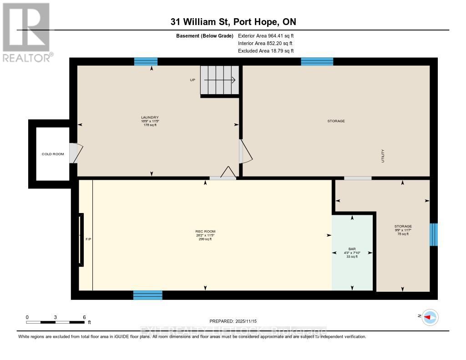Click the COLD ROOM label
(53, 154)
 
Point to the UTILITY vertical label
(383, 156)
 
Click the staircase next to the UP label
(220, 80)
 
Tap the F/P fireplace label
(88, 238)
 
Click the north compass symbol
(430, 317)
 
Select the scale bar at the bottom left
(56, 322)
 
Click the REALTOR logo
(26, 32)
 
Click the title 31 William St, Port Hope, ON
(233, 22)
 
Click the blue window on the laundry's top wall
(146, 61)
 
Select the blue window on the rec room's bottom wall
(147, 295)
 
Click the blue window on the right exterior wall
(434, 234)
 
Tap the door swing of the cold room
(76, 153)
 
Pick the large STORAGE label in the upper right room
(336, 121)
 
